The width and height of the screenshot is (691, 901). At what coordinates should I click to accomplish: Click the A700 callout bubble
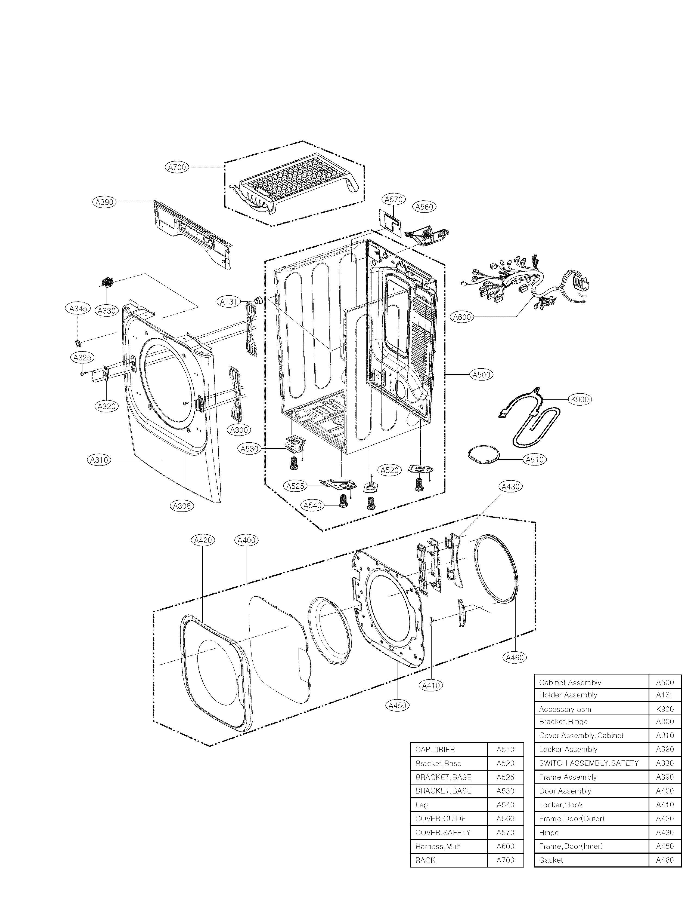pyautogui.click(x=177, y=167)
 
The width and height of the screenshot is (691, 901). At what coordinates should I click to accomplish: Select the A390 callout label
pyautogui.click(x=104, y=202)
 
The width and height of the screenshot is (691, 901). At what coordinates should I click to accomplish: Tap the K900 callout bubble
pyautogui.click(x=580, y=399)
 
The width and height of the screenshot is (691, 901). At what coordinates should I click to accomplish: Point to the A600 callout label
pyautogui.click(x=462, y=317)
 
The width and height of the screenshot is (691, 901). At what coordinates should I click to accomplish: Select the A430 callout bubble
pyautogui.click(x=511, y=486)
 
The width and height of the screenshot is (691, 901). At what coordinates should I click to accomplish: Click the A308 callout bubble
pyautogui.click(x=182, y=506)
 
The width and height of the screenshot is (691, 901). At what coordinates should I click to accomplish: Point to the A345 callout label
pyautogui.click(x=78, y=309)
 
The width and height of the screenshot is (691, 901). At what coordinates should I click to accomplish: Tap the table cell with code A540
pyautogui.click(x=506, y=805)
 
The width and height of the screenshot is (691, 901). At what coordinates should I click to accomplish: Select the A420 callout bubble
pyautogui.click(x=203, y=540)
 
